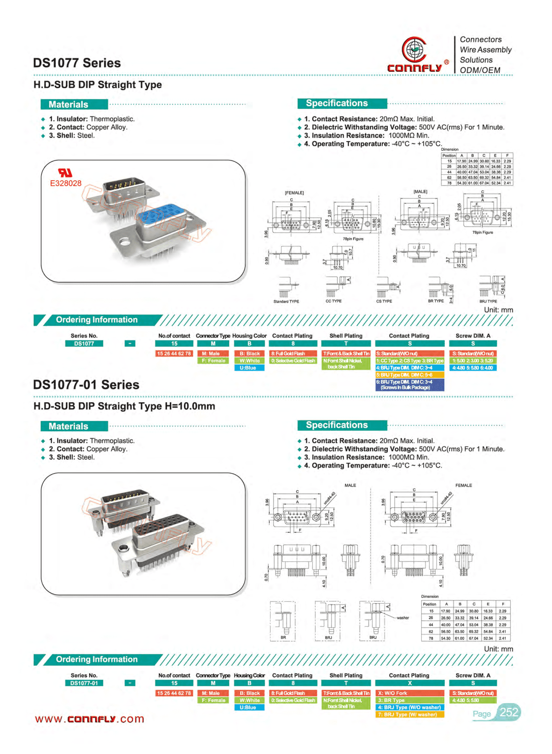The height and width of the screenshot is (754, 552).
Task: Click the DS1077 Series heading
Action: click(x=77, y=63)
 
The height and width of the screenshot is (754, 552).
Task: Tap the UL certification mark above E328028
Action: click(x=65, y=173)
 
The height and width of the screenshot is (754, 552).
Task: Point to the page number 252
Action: click(x=509, y=712)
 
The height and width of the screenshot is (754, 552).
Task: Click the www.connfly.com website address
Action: click(x=90, y=719)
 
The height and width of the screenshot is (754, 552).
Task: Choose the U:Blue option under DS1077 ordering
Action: click(x=249, y=368)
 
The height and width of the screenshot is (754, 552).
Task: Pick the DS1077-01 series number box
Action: click(x=84, y=683)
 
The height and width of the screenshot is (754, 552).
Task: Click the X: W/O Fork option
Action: click(x=409, y=693)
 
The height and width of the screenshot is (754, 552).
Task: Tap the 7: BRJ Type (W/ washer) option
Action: click(x=409, y=714)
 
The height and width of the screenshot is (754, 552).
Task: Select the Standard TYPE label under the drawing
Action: click(x=286, y=302)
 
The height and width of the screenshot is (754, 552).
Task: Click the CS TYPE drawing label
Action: click(x=384, y=302)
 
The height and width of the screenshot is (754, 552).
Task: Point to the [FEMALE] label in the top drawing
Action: click(x=294, y=193)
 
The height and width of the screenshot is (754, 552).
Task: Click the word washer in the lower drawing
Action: click(x=403, y=618)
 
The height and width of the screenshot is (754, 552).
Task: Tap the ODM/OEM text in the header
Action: click(x=480, y=70)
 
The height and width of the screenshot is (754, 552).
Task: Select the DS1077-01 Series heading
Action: click(x=86, y=385)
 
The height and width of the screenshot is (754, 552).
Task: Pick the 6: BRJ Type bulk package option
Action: click(x=409, y=385)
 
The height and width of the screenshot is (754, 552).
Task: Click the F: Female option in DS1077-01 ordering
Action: click(x=213, y=700)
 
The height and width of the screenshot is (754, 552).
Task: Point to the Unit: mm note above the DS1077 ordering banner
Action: click(x=498, y=310)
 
